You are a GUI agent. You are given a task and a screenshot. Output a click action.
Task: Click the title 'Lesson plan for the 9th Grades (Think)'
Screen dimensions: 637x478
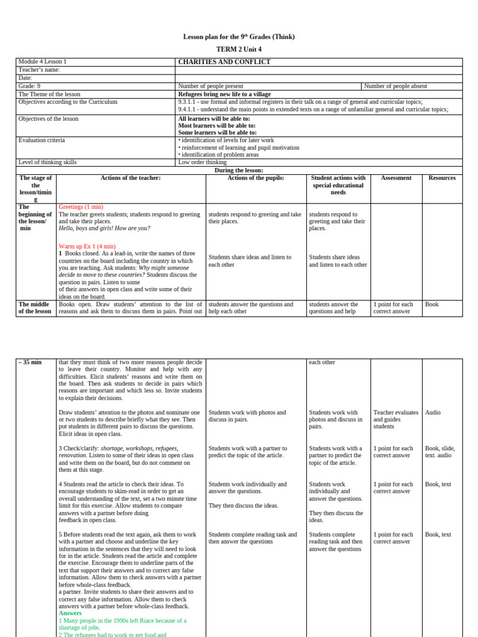tap(239, 37)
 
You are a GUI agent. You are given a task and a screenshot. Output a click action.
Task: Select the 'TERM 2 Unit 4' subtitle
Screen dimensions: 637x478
tap(239, 49)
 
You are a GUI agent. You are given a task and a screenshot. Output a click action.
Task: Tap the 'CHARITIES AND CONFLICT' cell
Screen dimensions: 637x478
tap(224, 62)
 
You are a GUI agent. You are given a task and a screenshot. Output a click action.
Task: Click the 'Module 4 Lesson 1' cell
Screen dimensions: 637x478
tap(42, 62)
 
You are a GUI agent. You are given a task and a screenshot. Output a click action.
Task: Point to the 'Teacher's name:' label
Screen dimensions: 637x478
tap(39, 70)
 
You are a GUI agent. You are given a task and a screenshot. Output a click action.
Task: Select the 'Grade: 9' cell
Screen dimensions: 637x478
tap(29, 86)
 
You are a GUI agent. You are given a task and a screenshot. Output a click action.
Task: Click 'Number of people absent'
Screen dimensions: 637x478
tap(395, 86)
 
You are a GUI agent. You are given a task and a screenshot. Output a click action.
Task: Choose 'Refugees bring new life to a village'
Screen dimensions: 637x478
tap(224, 95)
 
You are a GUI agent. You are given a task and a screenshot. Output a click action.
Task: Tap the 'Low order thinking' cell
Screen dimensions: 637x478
tap(202, 162)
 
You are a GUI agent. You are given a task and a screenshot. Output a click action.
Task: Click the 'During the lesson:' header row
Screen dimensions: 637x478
tap(239, 170)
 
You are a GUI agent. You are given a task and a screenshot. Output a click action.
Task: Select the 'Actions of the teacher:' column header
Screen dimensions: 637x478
tap(131, 178)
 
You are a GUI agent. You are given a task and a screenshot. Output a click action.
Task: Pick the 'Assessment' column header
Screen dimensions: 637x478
tap(396, 178)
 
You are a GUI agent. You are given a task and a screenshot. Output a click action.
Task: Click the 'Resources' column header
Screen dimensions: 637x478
tap(442, 178)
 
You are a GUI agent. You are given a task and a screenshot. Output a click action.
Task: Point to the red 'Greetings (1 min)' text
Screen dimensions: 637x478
tap(81, 207)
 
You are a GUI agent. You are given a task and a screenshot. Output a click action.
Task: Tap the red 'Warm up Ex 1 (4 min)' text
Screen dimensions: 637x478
tap(87, 247)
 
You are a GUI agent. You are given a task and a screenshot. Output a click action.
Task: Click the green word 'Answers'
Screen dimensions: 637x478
tap(70, 613)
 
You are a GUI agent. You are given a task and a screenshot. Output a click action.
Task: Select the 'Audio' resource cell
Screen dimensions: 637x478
tap(433, 412)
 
